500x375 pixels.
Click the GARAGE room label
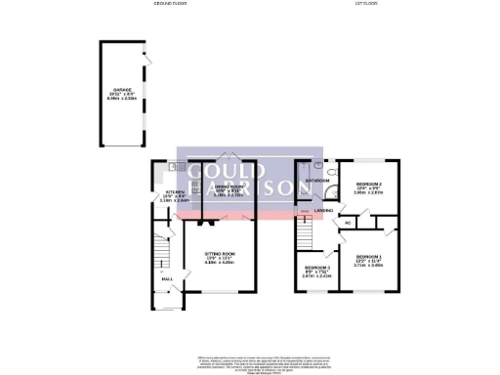(x=121, y=89)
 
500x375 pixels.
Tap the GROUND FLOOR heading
(x=170, y=4)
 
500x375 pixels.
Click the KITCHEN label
(x=175, y=191)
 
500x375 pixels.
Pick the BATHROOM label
(x=314, y=181)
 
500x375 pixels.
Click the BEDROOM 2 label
(x=368, y=184)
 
